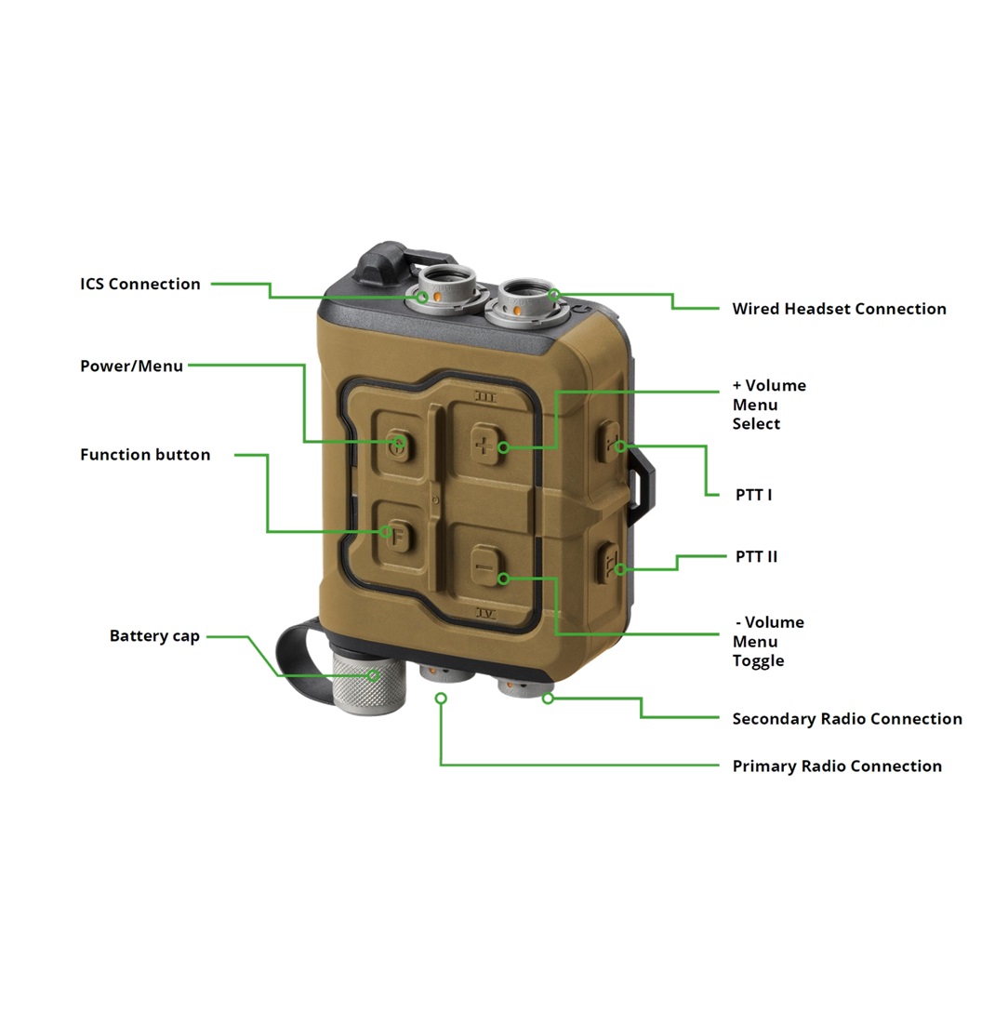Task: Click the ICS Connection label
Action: (140, 284)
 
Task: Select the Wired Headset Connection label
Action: (839, 309)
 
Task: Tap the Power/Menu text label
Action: (132, 366)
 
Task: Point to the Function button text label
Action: (145, 454)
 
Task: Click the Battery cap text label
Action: (154, 636)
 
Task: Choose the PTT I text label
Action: (754, 495)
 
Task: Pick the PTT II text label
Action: (756, 556)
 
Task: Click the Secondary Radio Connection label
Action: (847, 719)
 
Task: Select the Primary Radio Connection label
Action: (837, 766)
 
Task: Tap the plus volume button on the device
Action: (484, 444)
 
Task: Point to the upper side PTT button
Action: (609, 442)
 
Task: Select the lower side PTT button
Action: (609, 563)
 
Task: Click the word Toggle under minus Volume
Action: (758, 661)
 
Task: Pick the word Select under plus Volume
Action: (756, 424)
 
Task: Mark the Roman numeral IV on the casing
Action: (486, 613)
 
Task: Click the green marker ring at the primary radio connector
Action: (441, 699)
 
